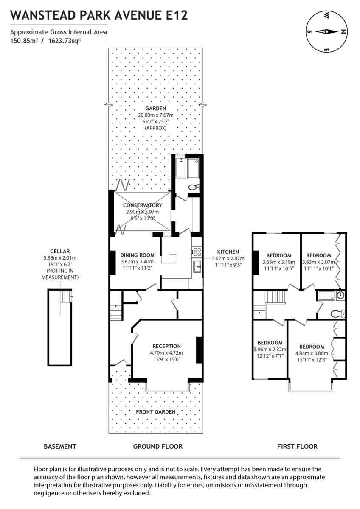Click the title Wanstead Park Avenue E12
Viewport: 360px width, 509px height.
(99, 15)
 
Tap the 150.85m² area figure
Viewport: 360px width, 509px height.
(23, 41)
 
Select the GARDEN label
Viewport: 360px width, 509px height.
(155, 109)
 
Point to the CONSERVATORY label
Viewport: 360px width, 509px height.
(142, 205)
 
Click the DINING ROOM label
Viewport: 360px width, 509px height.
(134, 255)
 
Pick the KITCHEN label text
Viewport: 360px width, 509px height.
(228, 252)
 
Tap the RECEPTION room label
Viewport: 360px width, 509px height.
(166, 346)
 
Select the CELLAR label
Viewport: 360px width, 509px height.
(59, 251)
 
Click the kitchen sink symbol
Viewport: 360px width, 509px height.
(197, 267)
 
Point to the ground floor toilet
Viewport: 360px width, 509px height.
(193, 187)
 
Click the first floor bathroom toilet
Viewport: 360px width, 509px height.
(338, 314)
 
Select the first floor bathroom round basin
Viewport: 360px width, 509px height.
(340, 295)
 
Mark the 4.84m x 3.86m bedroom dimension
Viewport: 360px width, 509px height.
(311, 353)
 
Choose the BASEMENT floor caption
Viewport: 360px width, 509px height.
(60, 446)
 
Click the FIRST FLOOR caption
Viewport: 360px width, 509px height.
(297, 446)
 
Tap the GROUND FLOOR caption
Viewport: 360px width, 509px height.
(158, 446)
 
